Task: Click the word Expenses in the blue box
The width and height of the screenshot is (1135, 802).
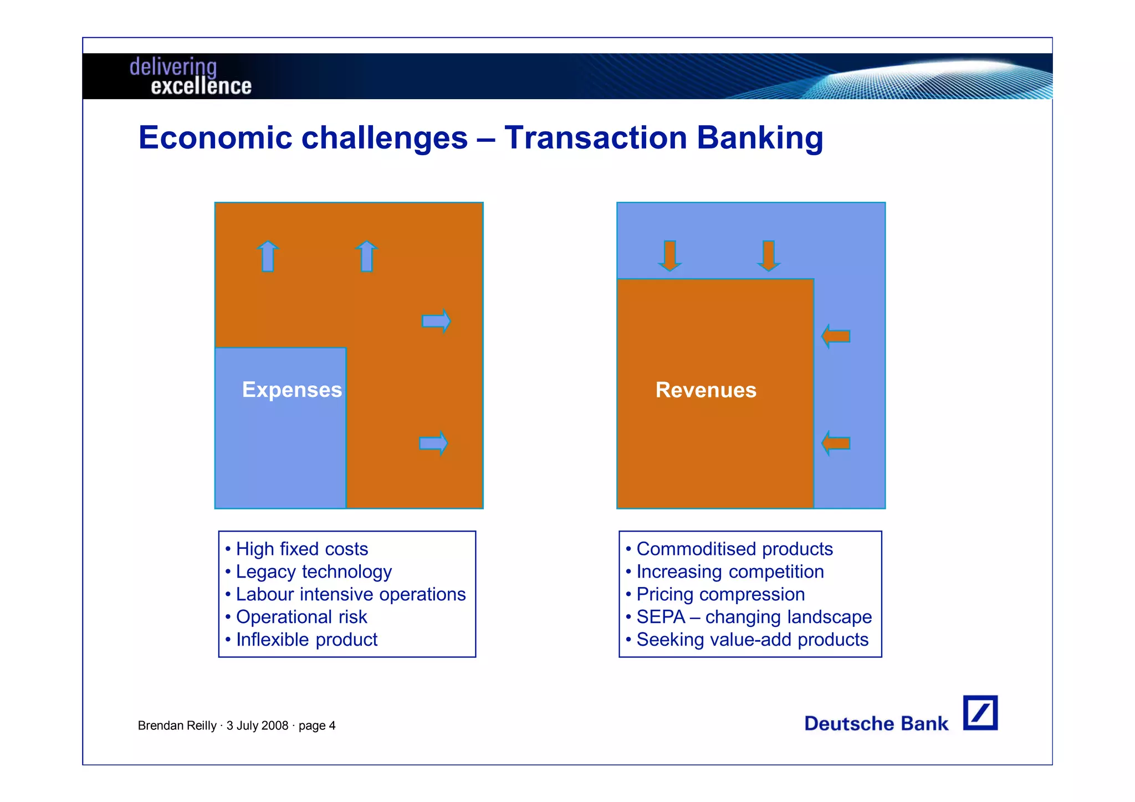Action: [292, 390]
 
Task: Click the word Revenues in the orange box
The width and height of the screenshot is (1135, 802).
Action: [705, 390]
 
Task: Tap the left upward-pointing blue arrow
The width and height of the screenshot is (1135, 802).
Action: [268, 256]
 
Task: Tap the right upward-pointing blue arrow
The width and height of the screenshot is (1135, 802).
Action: [366, 256]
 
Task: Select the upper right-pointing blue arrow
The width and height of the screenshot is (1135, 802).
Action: [436, 321]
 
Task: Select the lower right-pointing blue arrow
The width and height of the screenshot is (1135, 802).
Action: [433, 443]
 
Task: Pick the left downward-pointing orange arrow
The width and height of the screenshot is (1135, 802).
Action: [669, 256]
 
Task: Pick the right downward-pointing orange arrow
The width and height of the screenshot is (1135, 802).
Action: [768, 256]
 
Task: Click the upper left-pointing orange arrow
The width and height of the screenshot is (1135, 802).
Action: [836, 336]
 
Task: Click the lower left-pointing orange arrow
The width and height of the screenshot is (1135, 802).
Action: [836, 443]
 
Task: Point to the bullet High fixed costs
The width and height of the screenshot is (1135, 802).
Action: [301, 549]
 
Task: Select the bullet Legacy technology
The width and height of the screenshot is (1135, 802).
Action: [314, 571]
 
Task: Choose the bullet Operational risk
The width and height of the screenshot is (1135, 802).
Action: [301, 617]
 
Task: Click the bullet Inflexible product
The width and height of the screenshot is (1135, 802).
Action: [306, 640]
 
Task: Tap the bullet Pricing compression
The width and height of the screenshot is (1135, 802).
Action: [720, 594]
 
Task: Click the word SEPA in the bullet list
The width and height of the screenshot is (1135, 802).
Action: [661, 617]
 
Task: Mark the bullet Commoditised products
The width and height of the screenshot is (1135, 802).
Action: [734, 549]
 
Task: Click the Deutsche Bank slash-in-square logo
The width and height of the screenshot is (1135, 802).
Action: [980, 713]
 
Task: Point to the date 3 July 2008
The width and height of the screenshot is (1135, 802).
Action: [257, 726]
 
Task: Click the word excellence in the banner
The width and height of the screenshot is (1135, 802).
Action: [201, 86]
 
